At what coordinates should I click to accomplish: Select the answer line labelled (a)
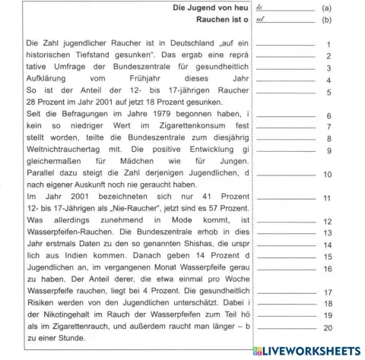click(285, 9)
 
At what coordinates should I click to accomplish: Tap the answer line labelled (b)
click(285, 21)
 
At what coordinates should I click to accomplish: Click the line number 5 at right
click(328, 92)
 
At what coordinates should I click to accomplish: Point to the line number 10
click(327, 174)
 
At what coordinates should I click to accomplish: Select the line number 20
click(327, 327)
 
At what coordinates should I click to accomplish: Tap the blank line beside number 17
click(284, 292)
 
